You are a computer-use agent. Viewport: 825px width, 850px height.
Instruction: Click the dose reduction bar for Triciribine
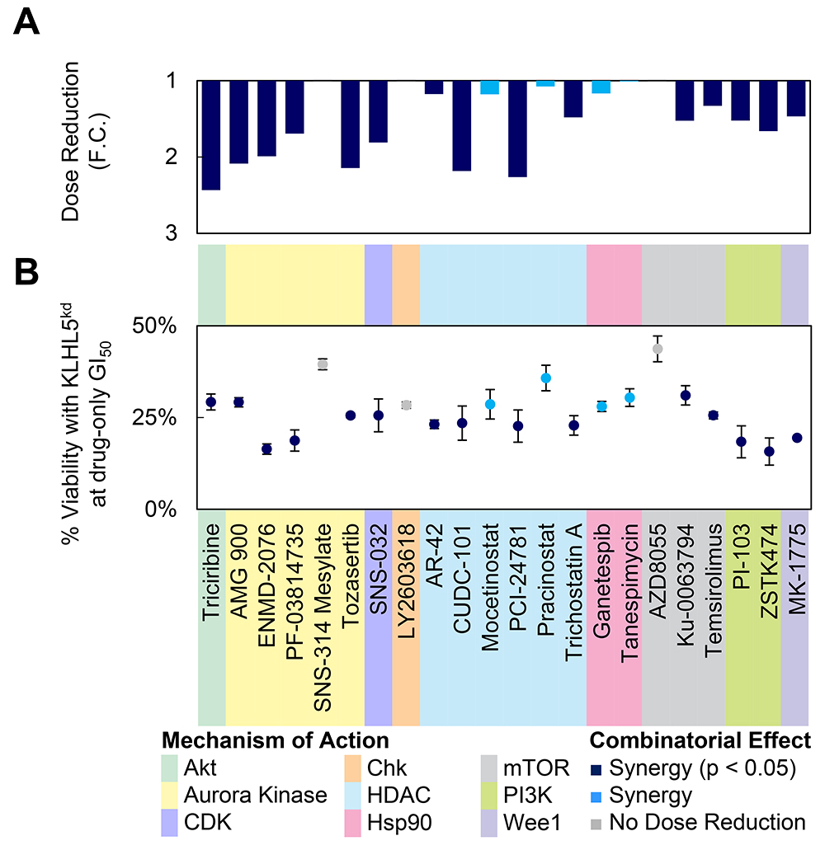coord(211,135)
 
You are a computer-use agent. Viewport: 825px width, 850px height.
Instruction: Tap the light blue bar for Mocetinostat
coord(489,87)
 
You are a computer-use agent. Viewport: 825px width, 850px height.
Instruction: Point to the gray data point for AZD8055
coord(658,349)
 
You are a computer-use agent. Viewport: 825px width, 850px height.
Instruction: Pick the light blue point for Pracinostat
coord(545,378)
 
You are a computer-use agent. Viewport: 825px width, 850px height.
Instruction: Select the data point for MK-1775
coord(797,438)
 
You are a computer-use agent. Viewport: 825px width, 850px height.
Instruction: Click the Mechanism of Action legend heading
coord(275,741)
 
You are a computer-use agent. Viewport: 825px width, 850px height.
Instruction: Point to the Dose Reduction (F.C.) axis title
coord(82,157)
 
